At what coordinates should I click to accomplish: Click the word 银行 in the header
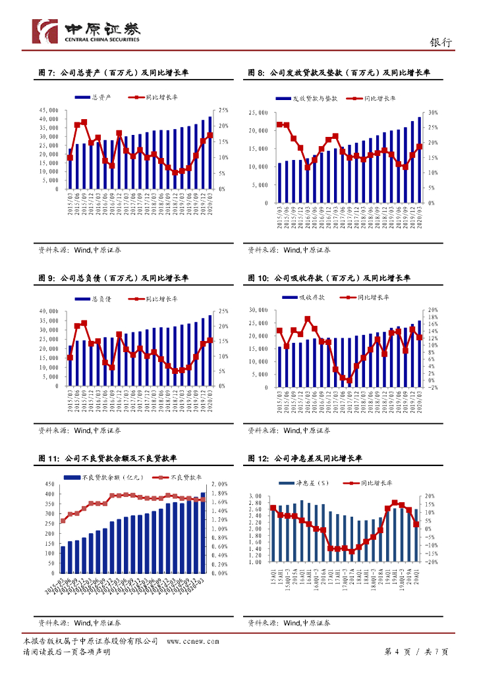[440, 42]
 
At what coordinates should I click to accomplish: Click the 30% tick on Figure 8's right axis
[433, 113]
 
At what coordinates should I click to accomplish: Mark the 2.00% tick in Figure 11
[220, 484]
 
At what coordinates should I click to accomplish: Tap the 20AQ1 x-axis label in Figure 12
[417, 575]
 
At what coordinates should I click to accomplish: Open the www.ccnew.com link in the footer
[192, 640]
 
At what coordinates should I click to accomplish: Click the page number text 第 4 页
[397, 652]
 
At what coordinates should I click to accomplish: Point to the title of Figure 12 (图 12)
[305, 458]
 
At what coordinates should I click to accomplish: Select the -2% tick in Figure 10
[432, 388]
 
